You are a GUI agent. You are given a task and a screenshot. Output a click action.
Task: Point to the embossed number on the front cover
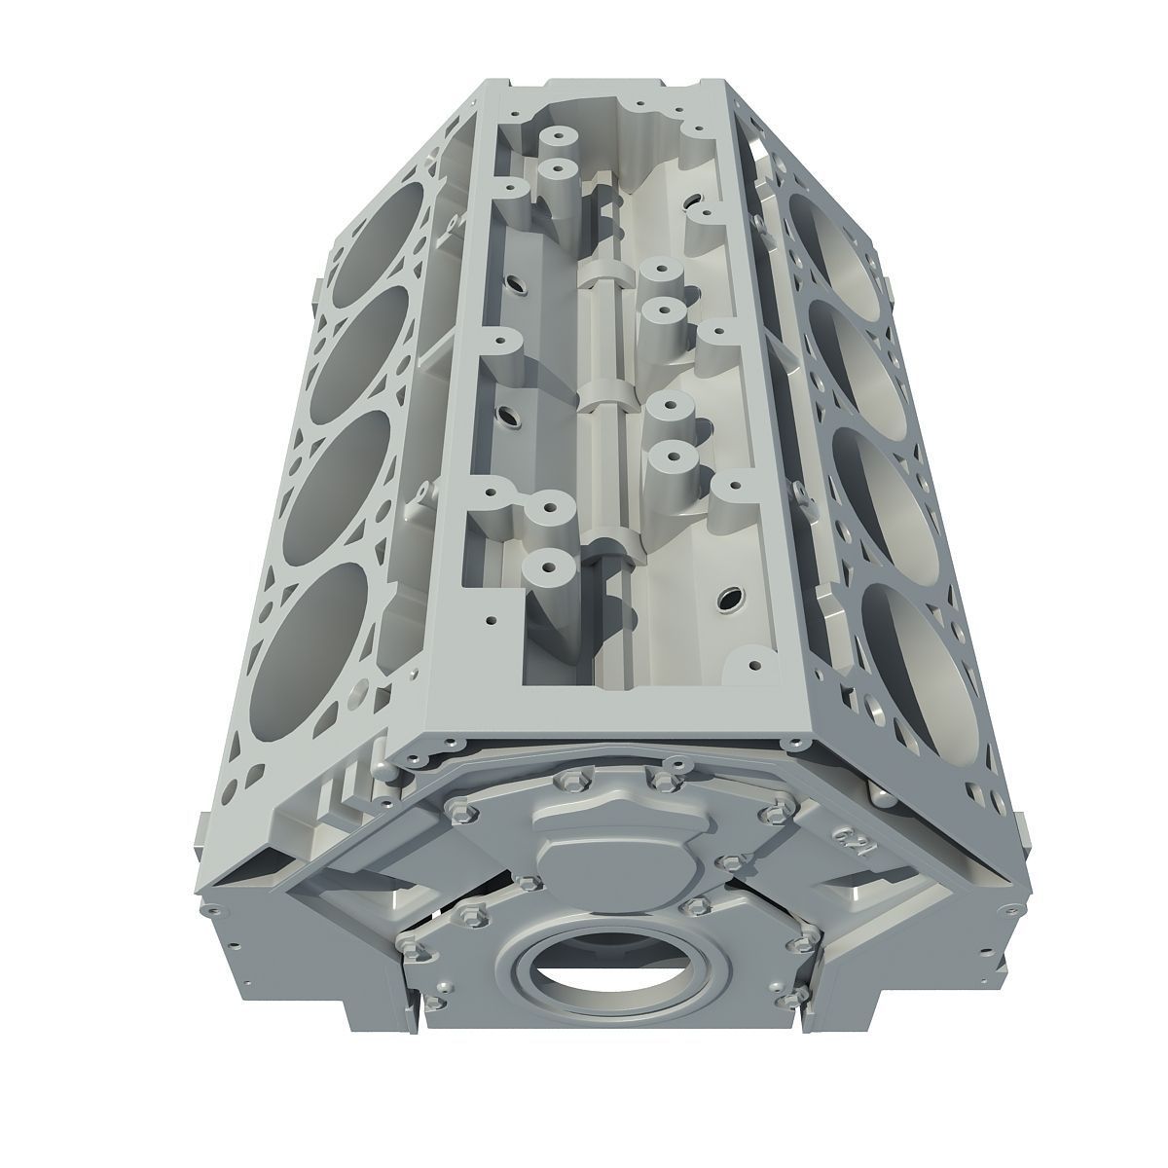click(845, 837)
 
